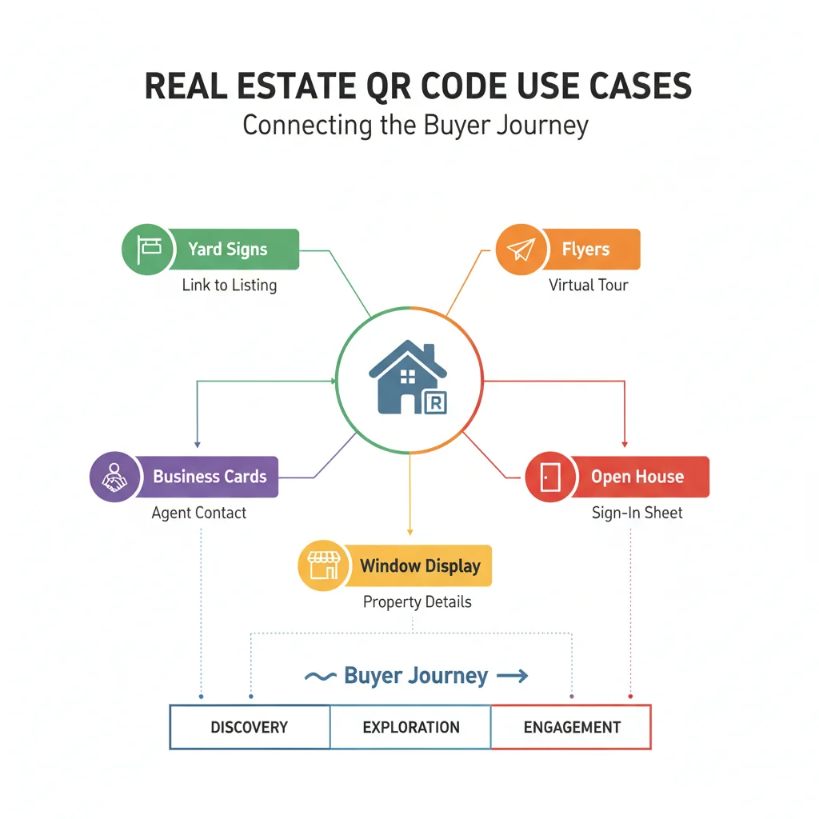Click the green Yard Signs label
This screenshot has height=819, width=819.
click(228, 249)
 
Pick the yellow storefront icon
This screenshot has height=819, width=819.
click(324, 565)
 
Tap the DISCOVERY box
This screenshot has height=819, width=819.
click(250, 727)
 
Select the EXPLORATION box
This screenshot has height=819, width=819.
click(410, 727)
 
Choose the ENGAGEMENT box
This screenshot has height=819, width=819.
click(571, 727)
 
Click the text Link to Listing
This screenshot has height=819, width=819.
click(230, 285)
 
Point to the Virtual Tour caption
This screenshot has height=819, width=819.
click(589, 285)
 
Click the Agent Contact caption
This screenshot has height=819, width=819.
click(199, 513)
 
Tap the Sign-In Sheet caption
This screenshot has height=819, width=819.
click(637, 513)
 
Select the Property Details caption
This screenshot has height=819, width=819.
click(417, 601)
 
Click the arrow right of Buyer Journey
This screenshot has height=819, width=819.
click(512, 677)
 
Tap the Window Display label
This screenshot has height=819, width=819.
click(420, 566)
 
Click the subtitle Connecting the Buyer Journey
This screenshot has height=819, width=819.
click(416, 126)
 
